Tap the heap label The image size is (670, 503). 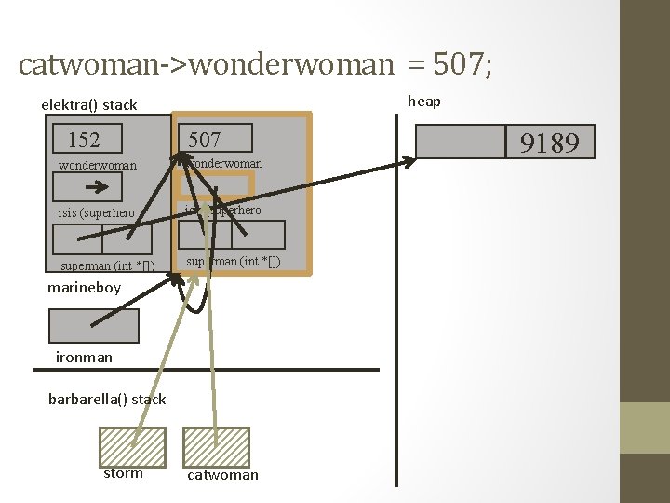click(x=424, y=101)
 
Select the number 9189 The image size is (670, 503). click(x=549, y=143)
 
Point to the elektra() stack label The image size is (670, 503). click(x=89, y=104)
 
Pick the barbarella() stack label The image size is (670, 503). click(x=107, y=399)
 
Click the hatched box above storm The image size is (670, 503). click(x=132, y=446)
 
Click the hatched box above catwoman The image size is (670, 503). click(x=216, y=446)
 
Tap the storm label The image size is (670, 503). click(x=124, y=473)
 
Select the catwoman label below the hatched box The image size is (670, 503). click(x=223, y=475)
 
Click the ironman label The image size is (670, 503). click(x=84, y=357)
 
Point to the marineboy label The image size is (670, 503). click(x=85, y=288)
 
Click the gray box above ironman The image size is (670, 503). click(x=93, y=326)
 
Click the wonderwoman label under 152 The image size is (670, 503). click(x=98, y=166)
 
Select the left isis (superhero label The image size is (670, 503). click(x=96, y=213)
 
